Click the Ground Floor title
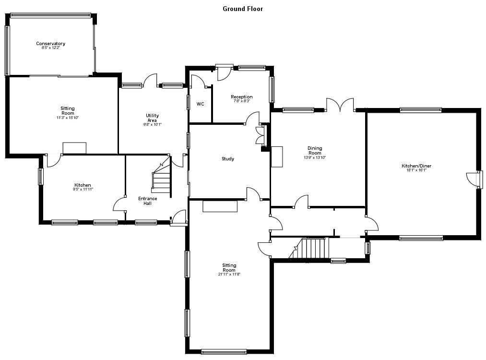[x=243, y=9]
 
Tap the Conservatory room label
[x=50, y=44]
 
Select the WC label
[x=201, y=104]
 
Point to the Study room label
[x=228, y=159]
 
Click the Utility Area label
[x=153, y=118]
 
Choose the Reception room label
[x=241, y=97]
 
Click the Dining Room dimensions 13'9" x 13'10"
[x=315, y=157]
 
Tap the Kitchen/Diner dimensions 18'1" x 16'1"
[x=416, y=170]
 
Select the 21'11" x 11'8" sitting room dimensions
[x=229, y=275]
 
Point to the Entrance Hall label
[x=148, y=201]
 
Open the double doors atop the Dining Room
[x=340, y=106]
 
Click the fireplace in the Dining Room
[x=277, y=156]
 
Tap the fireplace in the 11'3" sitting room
[x=74, y=148]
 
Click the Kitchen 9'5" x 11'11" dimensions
[x=83, y=190]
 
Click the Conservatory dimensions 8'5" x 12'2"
[x=50, y=48]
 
